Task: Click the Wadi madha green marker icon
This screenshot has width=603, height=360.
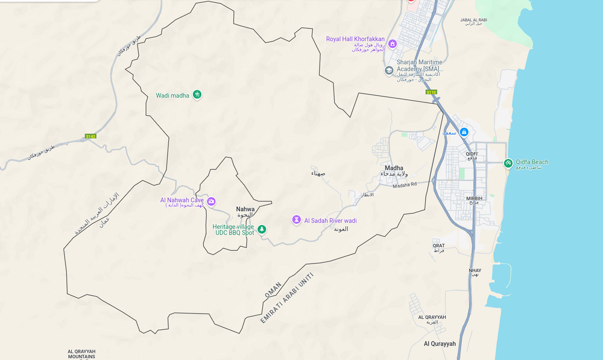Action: (197, 95)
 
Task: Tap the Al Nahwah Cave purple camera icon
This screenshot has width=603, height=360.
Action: (211, 202)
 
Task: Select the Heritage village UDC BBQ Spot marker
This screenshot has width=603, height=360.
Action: (262, 229)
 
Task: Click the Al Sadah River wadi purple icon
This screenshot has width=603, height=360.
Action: (296, 220)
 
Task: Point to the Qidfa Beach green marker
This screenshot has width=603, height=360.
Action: (508, 163)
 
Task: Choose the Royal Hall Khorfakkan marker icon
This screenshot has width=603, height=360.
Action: (393, 43)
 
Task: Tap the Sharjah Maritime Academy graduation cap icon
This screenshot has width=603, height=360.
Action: (389, 71)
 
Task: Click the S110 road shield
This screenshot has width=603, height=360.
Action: (431, 92)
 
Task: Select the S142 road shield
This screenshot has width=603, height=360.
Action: (90, 136)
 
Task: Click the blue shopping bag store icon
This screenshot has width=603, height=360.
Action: (464, 132)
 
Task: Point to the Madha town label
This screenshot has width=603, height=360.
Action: (394, 168)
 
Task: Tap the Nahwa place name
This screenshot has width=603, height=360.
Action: (245, 209)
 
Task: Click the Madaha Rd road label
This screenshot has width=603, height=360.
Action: (405, 186)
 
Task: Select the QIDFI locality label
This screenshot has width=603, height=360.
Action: (472, 154)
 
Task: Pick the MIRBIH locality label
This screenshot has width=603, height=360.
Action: (474, 198)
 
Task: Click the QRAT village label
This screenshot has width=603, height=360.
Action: (438, 245)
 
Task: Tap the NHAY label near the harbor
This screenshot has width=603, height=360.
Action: (475, 270)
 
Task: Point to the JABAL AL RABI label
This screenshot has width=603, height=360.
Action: (473, 20)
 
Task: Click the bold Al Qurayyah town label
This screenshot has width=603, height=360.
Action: (440, 344)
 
